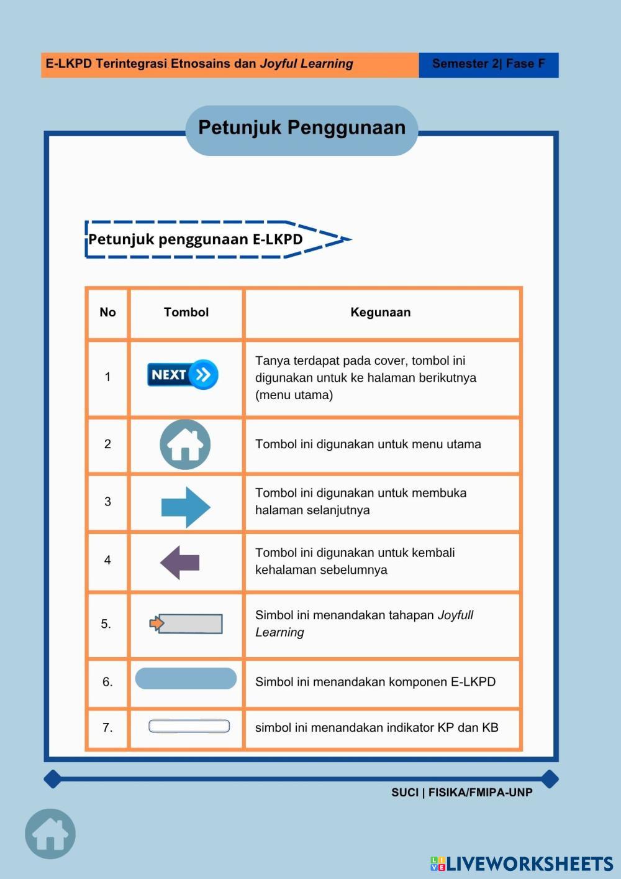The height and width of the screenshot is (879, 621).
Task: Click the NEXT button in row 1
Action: pos(183,374)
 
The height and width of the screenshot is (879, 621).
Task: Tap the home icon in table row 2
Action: pos(185,444)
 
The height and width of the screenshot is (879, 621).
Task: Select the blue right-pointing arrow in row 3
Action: pos(186,507)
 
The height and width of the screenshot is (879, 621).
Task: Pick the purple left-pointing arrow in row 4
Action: pos(180,563)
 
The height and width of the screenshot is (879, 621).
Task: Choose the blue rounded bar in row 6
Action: pos(186,678)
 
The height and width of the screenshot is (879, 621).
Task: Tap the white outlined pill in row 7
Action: pos(189,726)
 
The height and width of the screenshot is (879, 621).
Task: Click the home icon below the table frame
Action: pos(50,834)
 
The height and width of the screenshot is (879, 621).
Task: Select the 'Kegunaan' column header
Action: pos(381,312)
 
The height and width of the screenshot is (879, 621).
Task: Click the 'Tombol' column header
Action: pos(186,312)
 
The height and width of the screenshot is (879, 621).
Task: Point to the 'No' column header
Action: pos(107,312)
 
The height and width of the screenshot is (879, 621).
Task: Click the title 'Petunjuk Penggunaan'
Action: pos(302,128)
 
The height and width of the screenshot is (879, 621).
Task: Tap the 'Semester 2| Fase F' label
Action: pos(488,64)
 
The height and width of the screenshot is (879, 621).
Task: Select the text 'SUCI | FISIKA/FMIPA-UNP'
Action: pos(461,793)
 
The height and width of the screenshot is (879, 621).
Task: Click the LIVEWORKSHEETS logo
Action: pos(522,863)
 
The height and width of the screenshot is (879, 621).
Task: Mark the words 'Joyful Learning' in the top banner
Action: pos(306,63)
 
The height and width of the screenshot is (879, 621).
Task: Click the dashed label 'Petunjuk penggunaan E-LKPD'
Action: pos(196,239)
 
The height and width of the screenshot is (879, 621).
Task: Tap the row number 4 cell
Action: pos(107,561)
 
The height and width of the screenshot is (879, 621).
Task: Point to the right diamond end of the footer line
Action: pos(550,778)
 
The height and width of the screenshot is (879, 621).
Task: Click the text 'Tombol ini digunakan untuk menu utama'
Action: pos(368,444)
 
